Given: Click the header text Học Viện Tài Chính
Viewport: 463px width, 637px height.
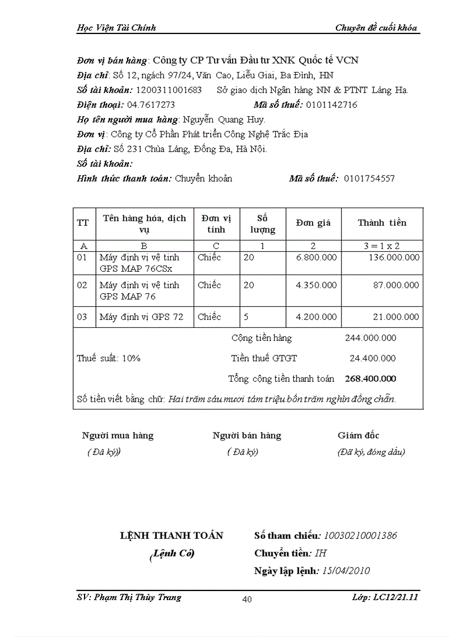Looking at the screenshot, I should coord(116,27).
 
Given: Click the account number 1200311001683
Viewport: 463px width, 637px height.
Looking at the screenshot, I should coord(169,90).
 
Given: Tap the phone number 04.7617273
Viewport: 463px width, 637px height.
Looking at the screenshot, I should coord(151,104).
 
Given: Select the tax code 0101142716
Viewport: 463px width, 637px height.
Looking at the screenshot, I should coord(331,104).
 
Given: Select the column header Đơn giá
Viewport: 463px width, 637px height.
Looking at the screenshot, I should coord(313,223).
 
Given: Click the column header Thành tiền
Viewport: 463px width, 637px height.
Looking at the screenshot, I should coord(382,222).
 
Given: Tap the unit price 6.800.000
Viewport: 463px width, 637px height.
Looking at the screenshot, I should coord(316,257).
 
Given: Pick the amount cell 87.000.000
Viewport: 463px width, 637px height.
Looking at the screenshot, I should coord(396,285).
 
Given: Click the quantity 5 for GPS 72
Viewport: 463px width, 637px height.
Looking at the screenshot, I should coord(246,317).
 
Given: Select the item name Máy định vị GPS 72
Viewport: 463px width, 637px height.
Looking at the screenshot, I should coord(141,317).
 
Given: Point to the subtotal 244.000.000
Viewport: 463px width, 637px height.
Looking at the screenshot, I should coord(371,338).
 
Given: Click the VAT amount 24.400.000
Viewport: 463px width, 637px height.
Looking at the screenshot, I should coord(372,358).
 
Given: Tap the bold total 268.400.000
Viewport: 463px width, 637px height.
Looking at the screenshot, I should coord(370,378).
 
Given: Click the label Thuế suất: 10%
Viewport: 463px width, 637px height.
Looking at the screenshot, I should coord(108,358).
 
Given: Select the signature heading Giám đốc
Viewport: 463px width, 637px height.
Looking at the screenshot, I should coord(359,436).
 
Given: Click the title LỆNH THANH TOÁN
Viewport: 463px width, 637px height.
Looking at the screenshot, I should coord(172,535).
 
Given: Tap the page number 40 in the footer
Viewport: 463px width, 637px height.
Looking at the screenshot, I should coord(247,599).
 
